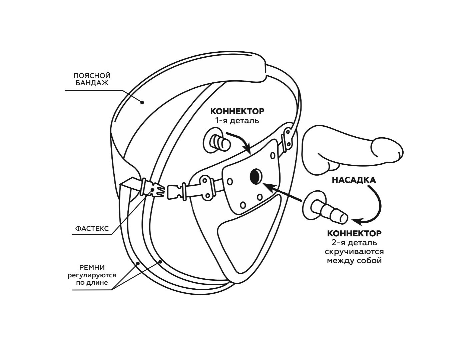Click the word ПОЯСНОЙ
92,76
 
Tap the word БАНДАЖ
92,83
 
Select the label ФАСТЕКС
92,229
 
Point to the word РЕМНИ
92,268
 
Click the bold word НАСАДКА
354,180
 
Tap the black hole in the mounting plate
256,176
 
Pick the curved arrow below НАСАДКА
373,207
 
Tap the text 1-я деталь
237,120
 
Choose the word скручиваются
354,251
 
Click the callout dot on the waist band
142,102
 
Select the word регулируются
92,275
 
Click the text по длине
92,283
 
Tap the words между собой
354,260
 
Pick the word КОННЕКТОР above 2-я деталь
354,233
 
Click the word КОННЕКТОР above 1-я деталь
237,111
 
